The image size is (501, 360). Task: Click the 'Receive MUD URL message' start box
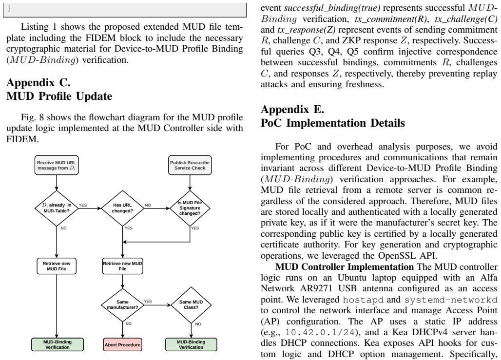point(57,165)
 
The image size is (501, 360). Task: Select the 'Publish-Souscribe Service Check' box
point(190,165)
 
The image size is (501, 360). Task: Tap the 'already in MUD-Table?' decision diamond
point(57,208)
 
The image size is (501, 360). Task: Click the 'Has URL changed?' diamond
point(123,208)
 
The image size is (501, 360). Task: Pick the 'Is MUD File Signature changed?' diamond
point(190,208)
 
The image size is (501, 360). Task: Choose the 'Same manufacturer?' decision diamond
point(123,304)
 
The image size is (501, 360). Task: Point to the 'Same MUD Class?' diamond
point(191,304)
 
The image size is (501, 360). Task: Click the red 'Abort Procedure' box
point(123,345)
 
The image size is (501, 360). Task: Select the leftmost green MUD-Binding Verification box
point(58,345)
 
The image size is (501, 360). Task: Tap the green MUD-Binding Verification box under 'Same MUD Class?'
point(191,345)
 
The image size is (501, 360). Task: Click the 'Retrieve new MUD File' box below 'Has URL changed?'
point(123,266)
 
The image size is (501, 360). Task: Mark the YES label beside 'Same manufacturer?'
point(148,301)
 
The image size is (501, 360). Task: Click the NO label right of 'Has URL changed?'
point(148,206)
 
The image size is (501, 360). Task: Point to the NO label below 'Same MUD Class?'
point(198,324)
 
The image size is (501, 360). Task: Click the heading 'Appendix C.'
point(39,82)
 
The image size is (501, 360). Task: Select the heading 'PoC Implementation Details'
point(332,123)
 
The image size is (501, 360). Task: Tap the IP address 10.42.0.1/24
point(320,333)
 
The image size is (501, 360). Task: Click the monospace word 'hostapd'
point(363,300)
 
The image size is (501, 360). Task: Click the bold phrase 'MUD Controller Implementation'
point(345,267)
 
